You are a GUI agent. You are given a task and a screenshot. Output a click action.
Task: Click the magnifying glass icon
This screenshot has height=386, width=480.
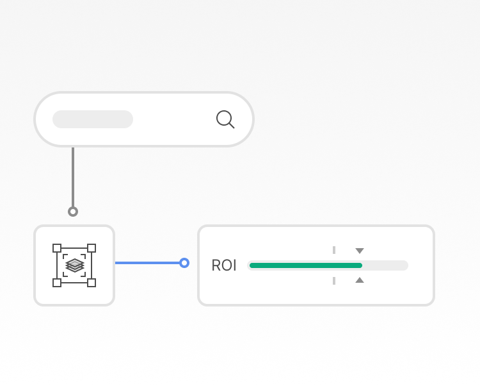[225, 119]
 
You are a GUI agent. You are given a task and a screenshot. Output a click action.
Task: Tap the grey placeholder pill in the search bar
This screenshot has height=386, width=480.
[93, 119]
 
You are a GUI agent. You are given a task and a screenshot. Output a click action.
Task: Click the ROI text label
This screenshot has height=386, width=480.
[224, 265]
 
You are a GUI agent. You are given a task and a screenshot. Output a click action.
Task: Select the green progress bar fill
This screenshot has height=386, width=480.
[306, 265]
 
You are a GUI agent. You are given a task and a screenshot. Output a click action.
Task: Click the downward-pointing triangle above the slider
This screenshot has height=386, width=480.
[360, 251]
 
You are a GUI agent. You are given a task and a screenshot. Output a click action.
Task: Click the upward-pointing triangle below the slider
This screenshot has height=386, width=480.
[360, 280]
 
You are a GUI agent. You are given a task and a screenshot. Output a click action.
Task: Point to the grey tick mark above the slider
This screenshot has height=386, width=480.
[334, 250]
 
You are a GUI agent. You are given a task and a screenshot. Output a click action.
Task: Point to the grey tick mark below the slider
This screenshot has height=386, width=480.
[334, 281]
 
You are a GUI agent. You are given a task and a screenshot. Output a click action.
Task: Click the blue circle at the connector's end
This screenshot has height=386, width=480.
[184, 263]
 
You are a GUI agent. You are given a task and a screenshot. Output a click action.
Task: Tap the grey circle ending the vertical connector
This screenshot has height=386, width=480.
[73, 212]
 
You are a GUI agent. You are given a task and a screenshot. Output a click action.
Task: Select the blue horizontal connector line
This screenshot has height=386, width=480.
[147, 263]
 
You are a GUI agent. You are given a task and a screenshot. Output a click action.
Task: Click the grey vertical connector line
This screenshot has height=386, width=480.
[73, 177]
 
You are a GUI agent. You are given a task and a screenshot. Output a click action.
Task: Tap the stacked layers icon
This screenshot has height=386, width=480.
[74, 265]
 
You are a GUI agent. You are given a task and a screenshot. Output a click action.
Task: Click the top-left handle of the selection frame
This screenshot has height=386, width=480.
[57, 248]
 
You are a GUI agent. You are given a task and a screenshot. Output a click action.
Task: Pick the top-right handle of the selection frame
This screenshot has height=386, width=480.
[92, 248]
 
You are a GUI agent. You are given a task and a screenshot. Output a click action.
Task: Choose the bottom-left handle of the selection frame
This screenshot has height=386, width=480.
[57, 283]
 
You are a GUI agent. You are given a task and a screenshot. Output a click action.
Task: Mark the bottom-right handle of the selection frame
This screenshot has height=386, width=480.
[92, 283]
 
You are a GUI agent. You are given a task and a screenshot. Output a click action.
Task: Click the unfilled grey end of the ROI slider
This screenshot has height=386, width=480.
[385, 265]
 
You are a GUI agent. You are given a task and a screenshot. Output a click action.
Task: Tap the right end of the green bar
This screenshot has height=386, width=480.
[362, 265]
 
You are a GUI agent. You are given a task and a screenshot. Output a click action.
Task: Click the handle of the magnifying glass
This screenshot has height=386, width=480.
[232, 126]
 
